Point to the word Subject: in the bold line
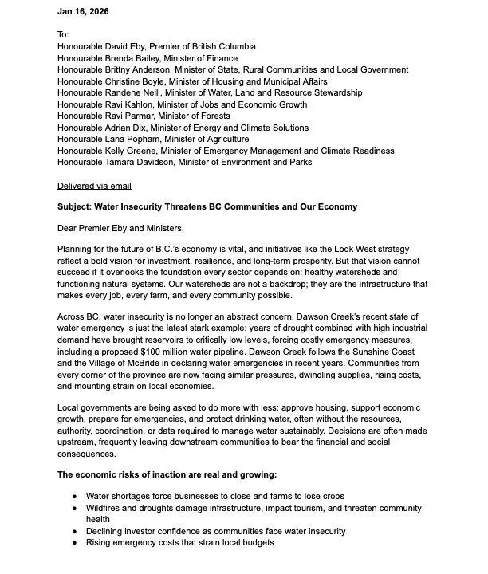[78, 207]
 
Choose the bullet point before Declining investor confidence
[76, 531]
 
